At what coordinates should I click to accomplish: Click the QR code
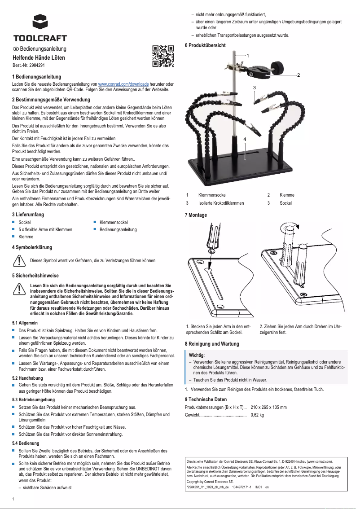tap(162, 56)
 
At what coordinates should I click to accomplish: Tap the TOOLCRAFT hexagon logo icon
tap(40, 22)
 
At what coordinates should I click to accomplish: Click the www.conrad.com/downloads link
tap(123, 84)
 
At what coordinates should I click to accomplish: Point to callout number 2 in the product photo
tap(298, 75)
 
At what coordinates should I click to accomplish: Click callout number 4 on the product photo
tap(245, 140)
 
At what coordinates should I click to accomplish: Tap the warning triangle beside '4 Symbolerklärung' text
tap(19, 260)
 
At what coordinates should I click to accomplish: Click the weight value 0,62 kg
tap(258, 415)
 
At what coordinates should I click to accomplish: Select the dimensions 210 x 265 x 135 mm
tap(268, 407)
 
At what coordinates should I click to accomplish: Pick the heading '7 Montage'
tap(196, 215)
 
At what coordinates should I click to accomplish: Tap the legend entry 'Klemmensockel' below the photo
tap(212, 195)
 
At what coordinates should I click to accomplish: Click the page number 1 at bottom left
tap(14, 499)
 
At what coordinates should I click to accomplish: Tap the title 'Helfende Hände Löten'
tap(39, 58)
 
